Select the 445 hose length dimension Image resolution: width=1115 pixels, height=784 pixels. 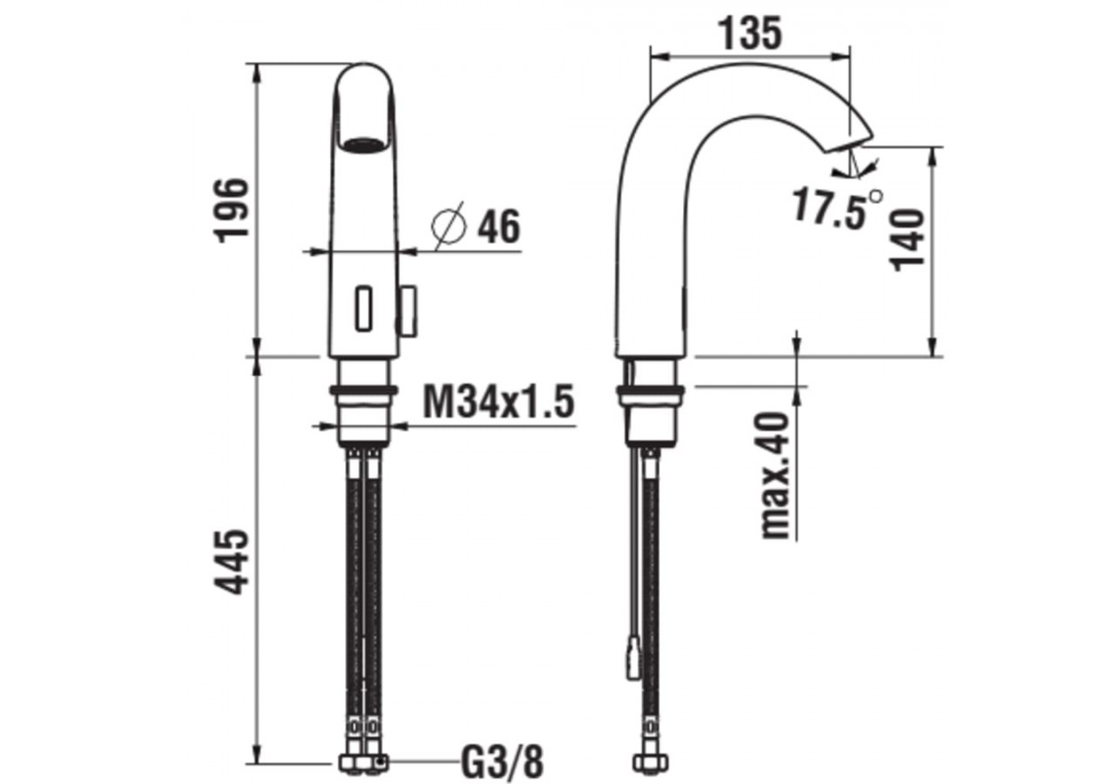click(x=233, y=562)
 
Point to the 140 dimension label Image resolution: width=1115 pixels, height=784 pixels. click(x=909, y=240)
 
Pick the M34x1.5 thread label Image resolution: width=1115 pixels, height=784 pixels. click(x=498, y=402)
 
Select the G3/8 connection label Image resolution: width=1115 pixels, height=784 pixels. click(x=501, y=763)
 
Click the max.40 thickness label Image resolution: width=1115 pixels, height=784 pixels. click(x=774, y=475)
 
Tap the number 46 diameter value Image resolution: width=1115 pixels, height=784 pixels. click(x=498, y=227)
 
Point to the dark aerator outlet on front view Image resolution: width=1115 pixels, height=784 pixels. click(x=362, y=145)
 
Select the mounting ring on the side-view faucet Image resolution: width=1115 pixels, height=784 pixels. click(x=651, y=391)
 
